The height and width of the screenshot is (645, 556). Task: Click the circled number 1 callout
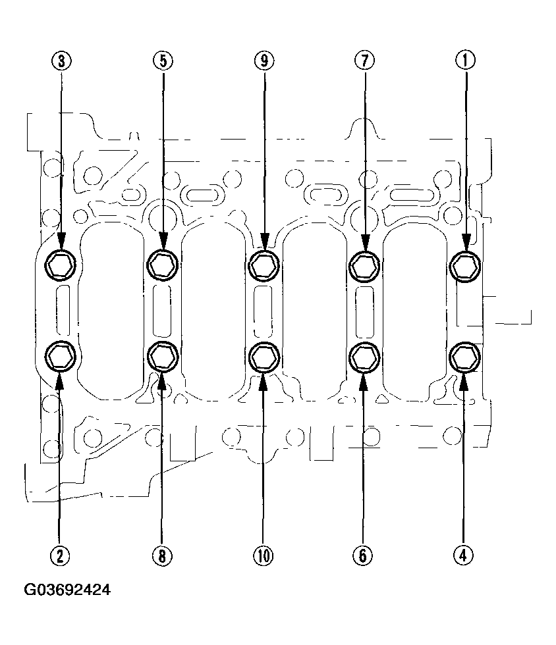coord(465,60)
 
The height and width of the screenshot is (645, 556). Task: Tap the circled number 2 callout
coord(60,555)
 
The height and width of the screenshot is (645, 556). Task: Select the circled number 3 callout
coord(61,61)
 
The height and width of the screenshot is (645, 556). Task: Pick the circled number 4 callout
coord(463,555)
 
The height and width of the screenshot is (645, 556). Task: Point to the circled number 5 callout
coord(163,61)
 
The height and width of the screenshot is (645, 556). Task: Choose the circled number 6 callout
coord(363,555)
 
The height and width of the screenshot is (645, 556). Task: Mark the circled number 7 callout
coord(365,61)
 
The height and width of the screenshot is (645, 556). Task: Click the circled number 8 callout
coord(162,555)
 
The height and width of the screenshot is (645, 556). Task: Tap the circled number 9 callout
coord(264,61)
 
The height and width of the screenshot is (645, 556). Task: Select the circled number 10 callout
coord(264,555)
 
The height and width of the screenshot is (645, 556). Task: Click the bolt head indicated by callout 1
coord(465,267)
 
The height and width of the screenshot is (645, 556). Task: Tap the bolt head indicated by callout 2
coord(60,356)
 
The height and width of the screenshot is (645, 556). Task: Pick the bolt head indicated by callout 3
coord(61,265)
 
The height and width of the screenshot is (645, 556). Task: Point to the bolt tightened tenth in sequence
coord(264,357)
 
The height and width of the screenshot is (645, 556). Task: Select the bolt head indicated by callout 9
coord(264,265)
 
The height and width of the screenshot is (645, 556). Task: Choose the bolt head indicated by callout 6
coord(364,357)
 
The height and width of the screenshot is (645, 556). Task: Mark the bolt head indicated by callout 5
coord(163,265)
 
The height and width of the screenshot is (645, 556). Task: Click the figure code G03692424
coord(67,590)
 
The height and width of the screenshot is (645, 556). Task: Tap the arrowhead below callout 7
coord(366,242)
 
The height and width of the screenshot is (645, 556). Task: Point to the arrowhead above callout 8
coord(162,380)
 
